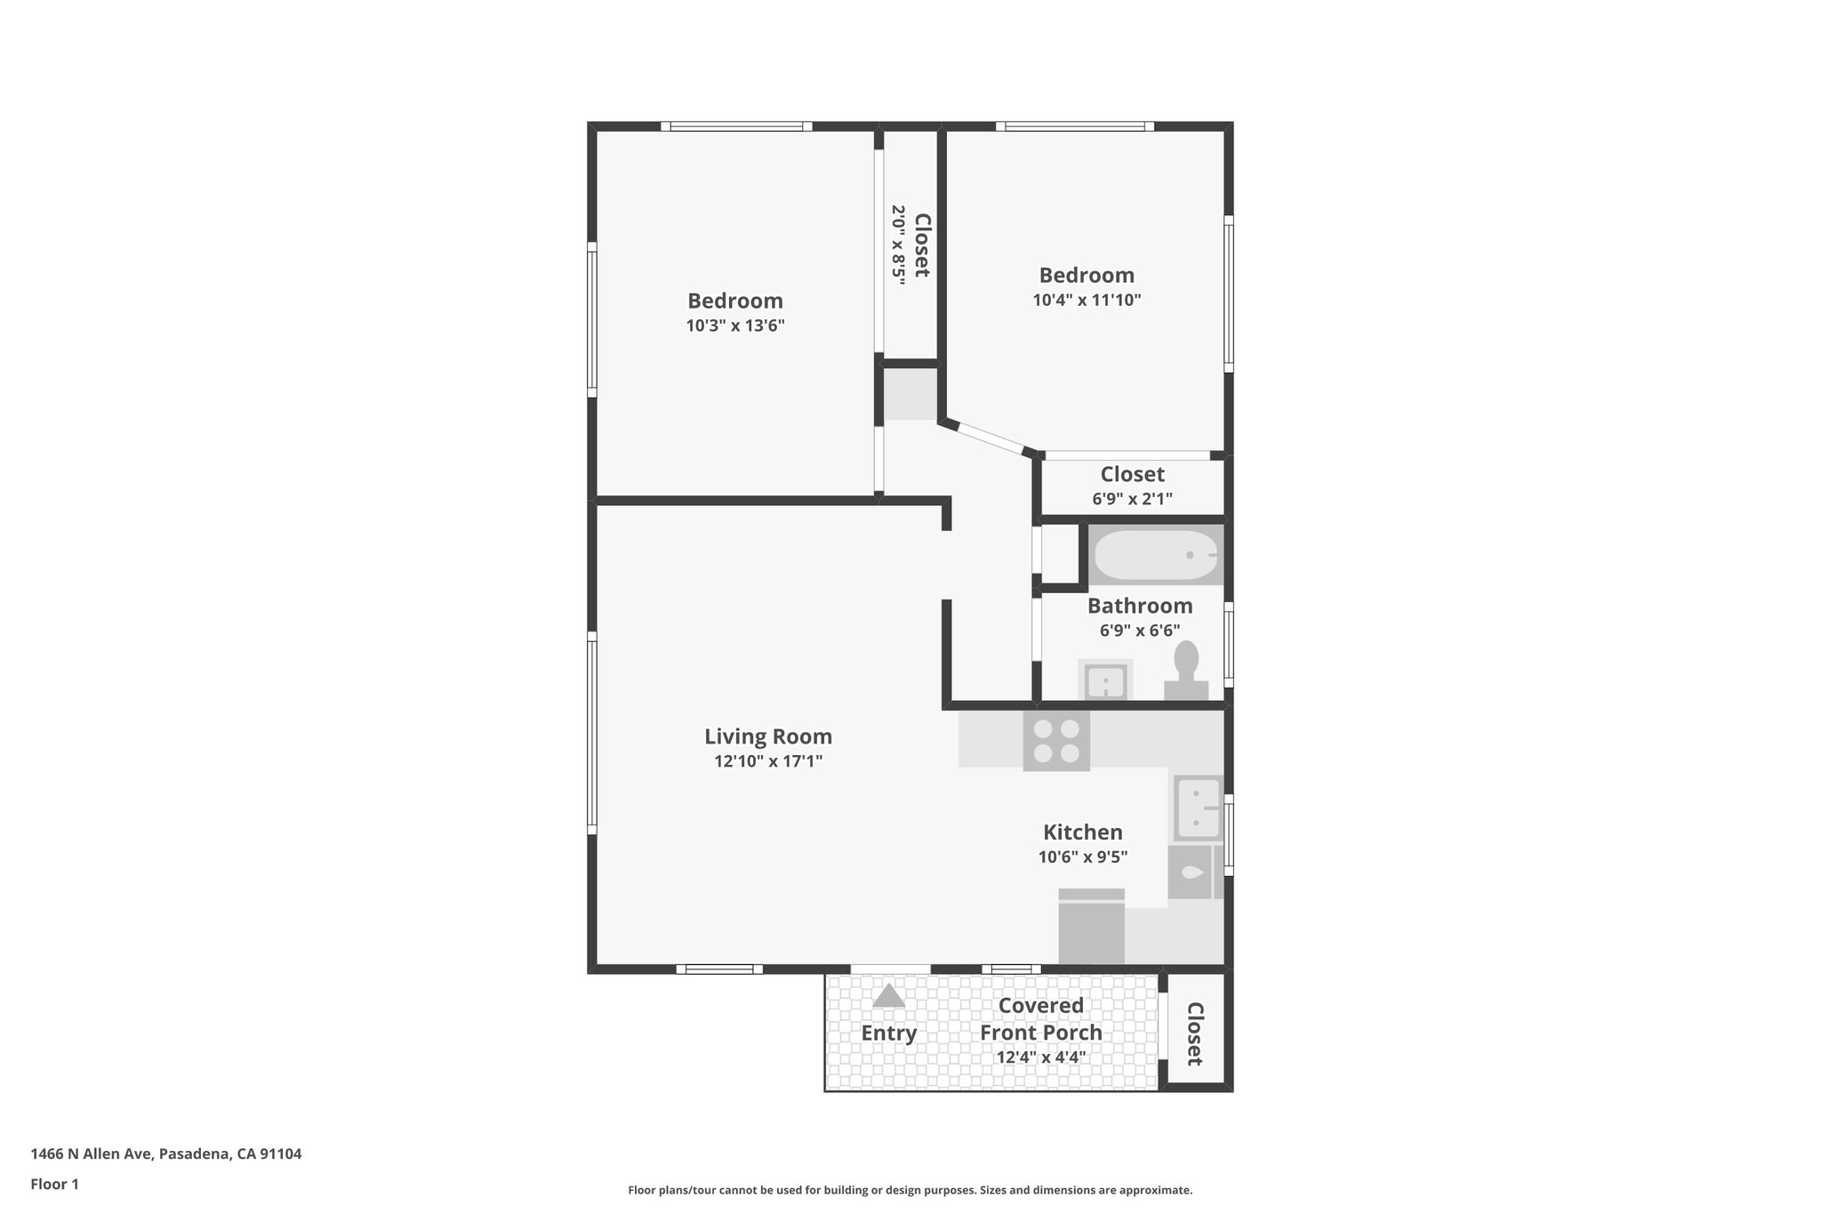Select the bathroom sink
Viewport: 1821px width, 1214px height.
(x=1105, y=681)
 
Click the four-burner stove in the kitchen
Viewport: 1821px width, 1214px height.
(x=1056, y=742)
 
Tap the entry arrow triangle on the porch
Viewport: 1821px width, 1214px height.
(x=888, y=996)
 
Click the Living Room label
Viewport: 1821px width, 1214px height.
(x=768, y=736)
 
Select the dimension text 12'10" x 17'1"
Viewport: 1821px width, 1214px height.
(x=768, y=761)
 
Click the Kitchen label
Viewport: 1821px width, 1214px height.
(x=1082, y=832)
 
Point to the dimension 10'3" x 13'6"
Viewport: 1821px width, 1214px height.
(x=735, y=326)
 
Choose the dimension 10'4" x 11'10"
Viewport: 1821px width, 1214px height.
(x=1087, y=300)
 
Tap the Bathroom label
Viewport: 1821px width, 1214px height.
(x=1140, y=606)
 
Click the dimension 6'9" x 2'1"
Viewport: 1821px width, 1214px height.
(x=1132, y=499)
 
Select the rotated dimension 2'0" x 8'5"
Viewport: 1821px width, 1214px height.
(x=899, y=245)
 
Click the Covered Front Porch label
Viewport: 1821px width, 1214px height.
(x=1040, y=1019)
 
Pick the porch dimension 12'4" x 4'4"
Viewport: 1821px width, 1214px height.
(x=1040, y=1057)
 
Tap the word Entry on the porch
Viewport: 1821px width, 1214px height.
(x=888, y=1033)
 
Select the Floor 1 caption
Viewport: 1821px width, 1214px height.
(x=55, y=1184)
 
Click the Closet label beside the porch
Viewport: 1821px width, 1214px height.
(x=1194, y=1033)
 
